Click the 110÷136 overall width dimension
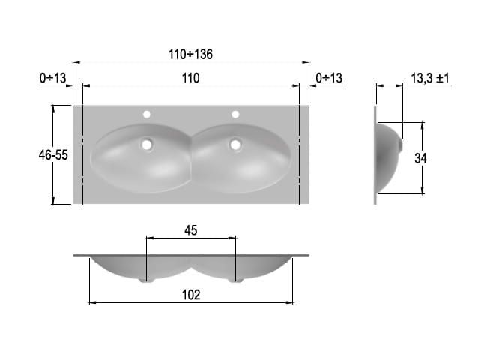190,55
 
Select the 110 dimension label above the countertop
190,78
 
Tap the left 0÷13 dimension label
52,78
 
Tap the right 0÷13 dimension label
329,78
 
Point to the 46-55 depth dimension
53,155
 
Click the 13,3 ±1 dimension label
430,78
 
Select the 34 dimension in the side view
420,158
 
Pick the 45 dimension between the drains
190,230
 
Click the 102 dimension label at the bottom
191,295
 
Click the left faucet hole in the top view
147,115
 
